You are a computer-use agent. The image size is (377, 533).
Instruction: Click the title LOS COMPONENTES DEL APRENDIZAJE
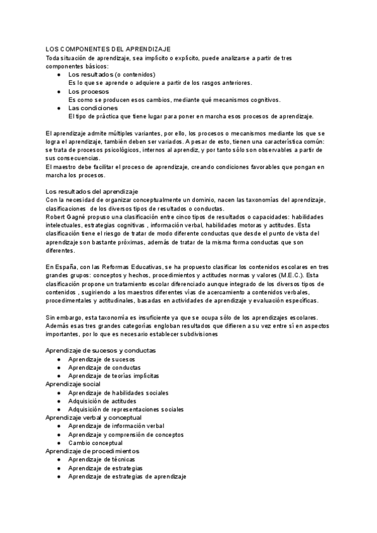click(x=108, y=49)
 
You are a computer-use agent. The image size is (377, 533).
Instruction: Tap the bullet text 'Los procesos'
click(x=88, y=91)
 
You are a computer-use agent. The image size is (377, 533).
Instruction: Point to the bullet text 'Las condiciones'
click(x=92, y=108)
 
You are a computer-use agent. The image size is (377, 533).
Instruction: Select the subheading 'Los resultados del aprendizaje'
click(x=92, y=191)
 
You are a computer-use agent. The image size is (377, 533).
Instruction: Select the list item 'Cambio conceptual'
click(x=96, y=442)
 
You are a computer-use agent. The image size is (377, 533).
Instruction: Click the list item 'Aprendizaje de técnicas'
click(x=101, y=459)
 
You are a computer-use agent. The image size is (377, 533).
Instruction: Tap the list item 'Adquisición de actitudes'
click(x=105, y=400)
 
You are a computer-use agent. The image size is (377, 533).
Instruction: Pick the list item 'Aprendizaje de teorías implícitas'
click(x=114, y=375)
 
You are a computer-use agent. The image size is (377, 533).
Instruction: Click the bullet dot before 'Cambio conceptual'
click(x=58, y=442)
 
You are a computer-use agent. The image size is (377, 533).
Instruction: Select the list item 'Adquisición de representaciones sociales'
click(x=126, y=409)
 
